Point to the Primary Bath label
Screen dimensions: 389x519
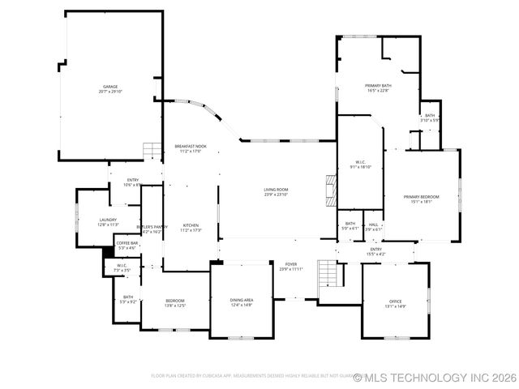pos(378,88)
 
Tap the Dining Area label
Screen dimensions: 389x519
pos(242,302)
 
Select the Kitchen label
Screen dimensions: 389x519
pos(191,227)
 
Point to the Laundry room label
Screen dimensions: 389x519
pos(108,221)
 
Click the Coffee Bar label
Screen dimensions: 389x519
pos(127,245)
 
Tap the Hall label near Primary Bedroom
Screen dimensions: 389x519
pos(373,226)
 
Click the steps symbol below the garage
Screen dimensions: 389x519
pos(152,152)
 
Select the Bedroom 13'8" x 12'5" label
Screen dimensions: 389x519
pos(176,303)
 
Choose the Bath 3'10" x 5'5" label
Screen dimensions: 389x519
pos(430,118)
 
